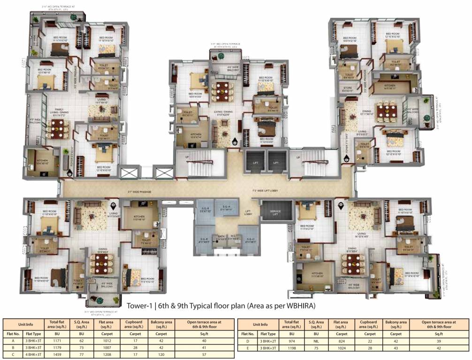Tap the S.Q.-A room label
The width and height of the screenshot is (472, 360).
point(227,208)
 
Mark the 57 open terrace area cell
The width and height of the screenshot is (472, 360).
point(203,355)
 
